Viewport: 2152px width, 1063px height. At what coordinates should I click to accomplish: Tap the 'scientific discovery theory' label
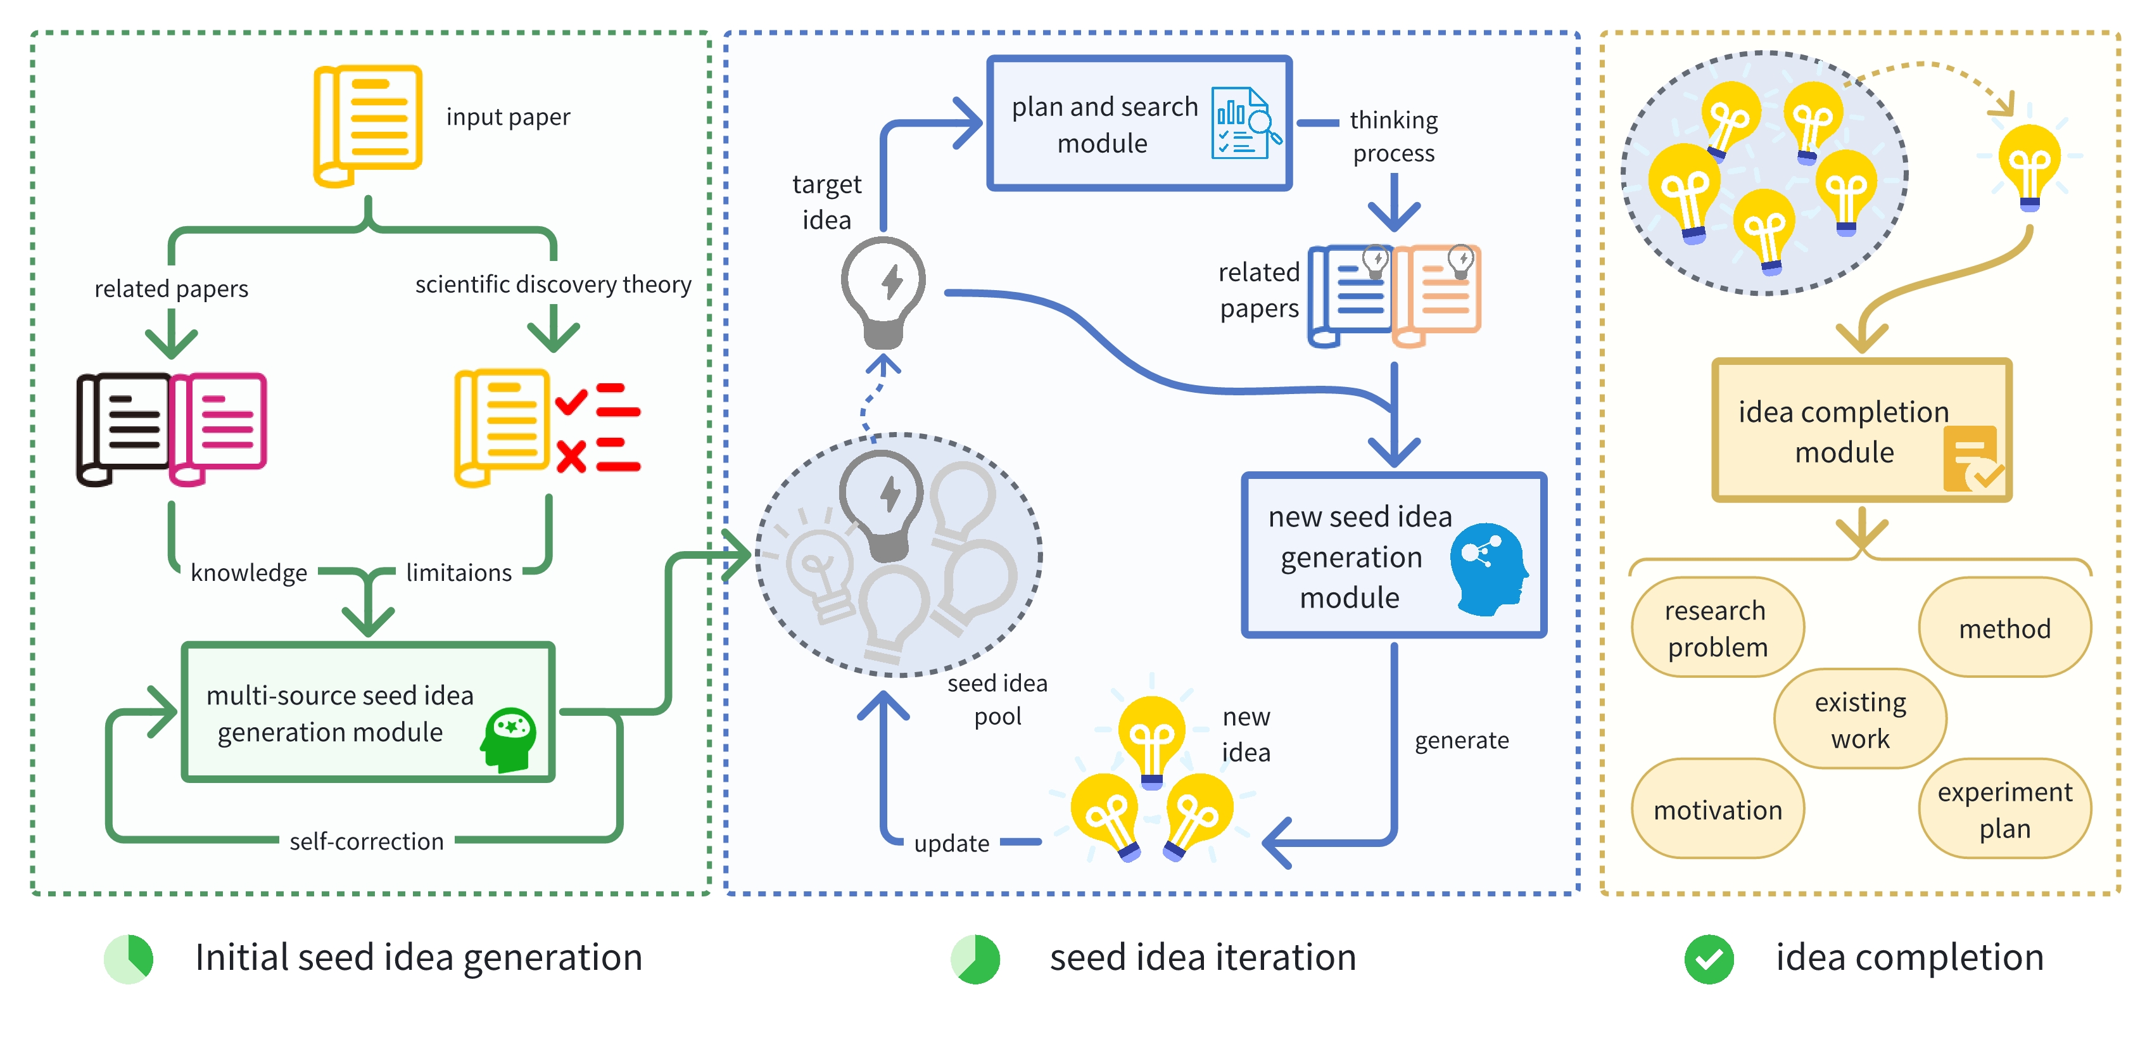(x=552, y=284)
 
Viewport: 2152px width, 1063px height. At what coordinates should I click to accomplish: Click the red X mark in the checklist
(x=571, y=456)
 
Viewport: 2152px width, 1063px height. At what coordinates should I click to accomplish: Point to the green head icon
(x=509, y=739)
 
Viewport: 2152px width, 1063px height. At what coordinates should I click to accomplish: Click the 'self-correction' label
(x=366, y=841)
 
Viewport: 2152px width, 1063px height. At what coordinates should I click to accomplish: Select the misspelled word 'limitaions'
(x=459, y=573)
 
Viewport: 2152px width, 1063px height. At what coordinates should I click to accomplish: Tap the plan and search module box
(x=1138, y=124)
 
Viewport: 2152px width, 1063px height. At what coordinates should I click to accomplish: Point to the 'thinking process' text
(x=1393, y=136)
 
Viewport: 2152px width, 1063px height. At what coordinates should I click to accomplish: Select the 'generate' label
(x=1461, y=741)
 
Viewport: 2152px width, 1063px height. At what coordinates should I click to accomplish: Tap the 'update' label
(x=951, y=843)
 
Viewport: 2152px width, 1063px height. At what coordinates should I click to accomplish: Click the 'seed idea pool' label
(x=997, y=699)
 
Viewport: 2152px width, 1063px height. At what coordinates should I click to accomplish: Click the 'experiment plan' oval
(x=2004, y=809)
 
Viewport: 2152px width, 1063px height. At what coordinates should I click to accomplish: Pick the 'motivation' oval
(x=1718, y=809)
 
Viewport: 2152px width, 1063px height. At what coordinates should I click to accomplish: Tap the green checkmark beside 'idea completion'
(x=1709, y=958)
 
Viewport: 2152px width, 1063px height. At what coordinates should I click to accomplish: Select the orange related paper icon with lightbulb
(x=1437, y=294)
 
